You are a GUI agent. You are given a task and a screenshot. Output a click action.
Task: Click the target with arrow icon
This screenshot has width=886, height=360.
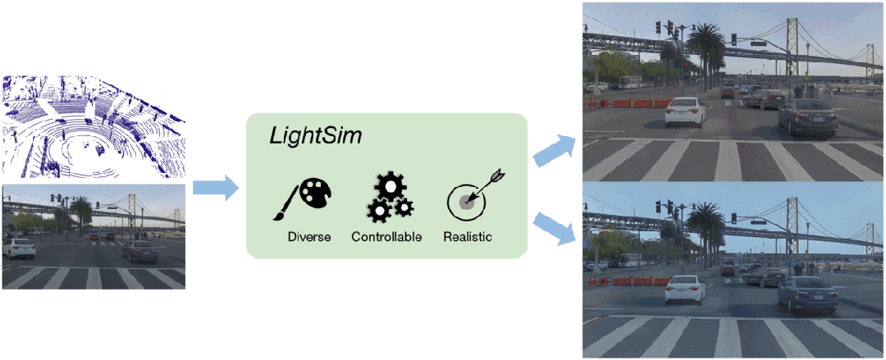(x=470, y=197)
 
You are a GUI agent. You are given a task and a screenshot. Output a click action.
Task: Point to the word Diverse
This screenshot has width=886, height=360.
(x=308, y=237)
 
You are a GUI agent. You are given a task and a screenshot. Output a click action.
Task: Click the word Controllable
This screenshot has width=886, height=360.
(x=386, y=237)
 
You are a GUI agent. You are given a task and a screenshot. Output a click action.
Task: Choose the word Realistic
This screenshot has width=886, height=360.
(x=468, y=237)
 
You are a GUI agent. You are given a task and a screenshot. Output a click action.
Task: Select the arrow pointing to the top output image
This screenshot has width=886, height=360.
(x=554, y=150)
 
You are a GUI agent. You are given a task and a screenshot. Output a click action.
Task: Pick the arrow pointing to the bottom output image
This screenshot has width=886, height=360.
(x=554, y=227)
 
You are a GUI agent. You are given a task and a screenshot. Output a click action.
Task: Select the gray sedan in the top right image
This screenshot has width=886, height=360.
(x=808, y=116)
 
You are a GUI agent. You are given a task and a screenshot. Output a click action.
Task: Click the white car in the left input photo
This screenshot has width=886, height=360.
(x=17, y=247)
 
